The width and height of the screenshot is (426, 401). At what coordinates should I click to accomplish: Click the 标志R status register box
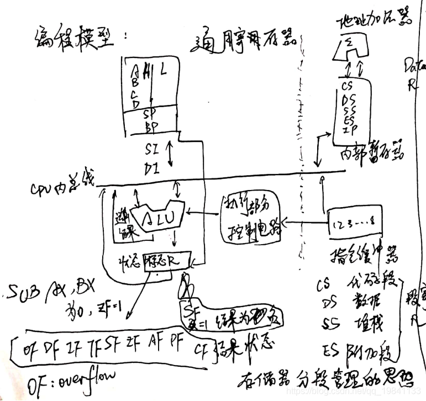pos(166,259)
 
